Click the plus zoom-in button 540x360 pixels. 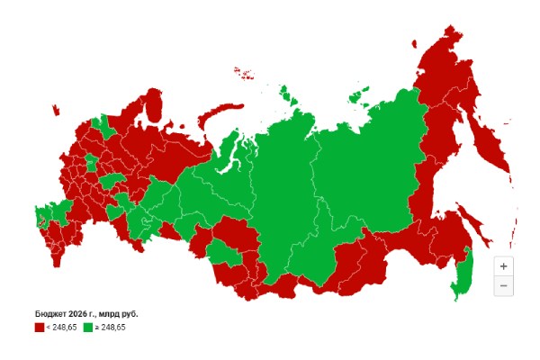point(503,266)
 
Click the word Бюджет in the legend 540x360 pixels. point(53,314)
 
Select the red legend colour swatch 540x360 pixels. point(39,328)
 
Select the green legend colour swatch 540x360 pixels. point(88,328)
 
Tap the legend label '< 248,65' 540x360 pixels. point(61,328)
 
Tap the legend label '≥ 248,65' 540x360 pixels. point(111,328)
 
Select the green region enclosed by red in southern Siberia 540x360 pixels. point(227,256)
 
